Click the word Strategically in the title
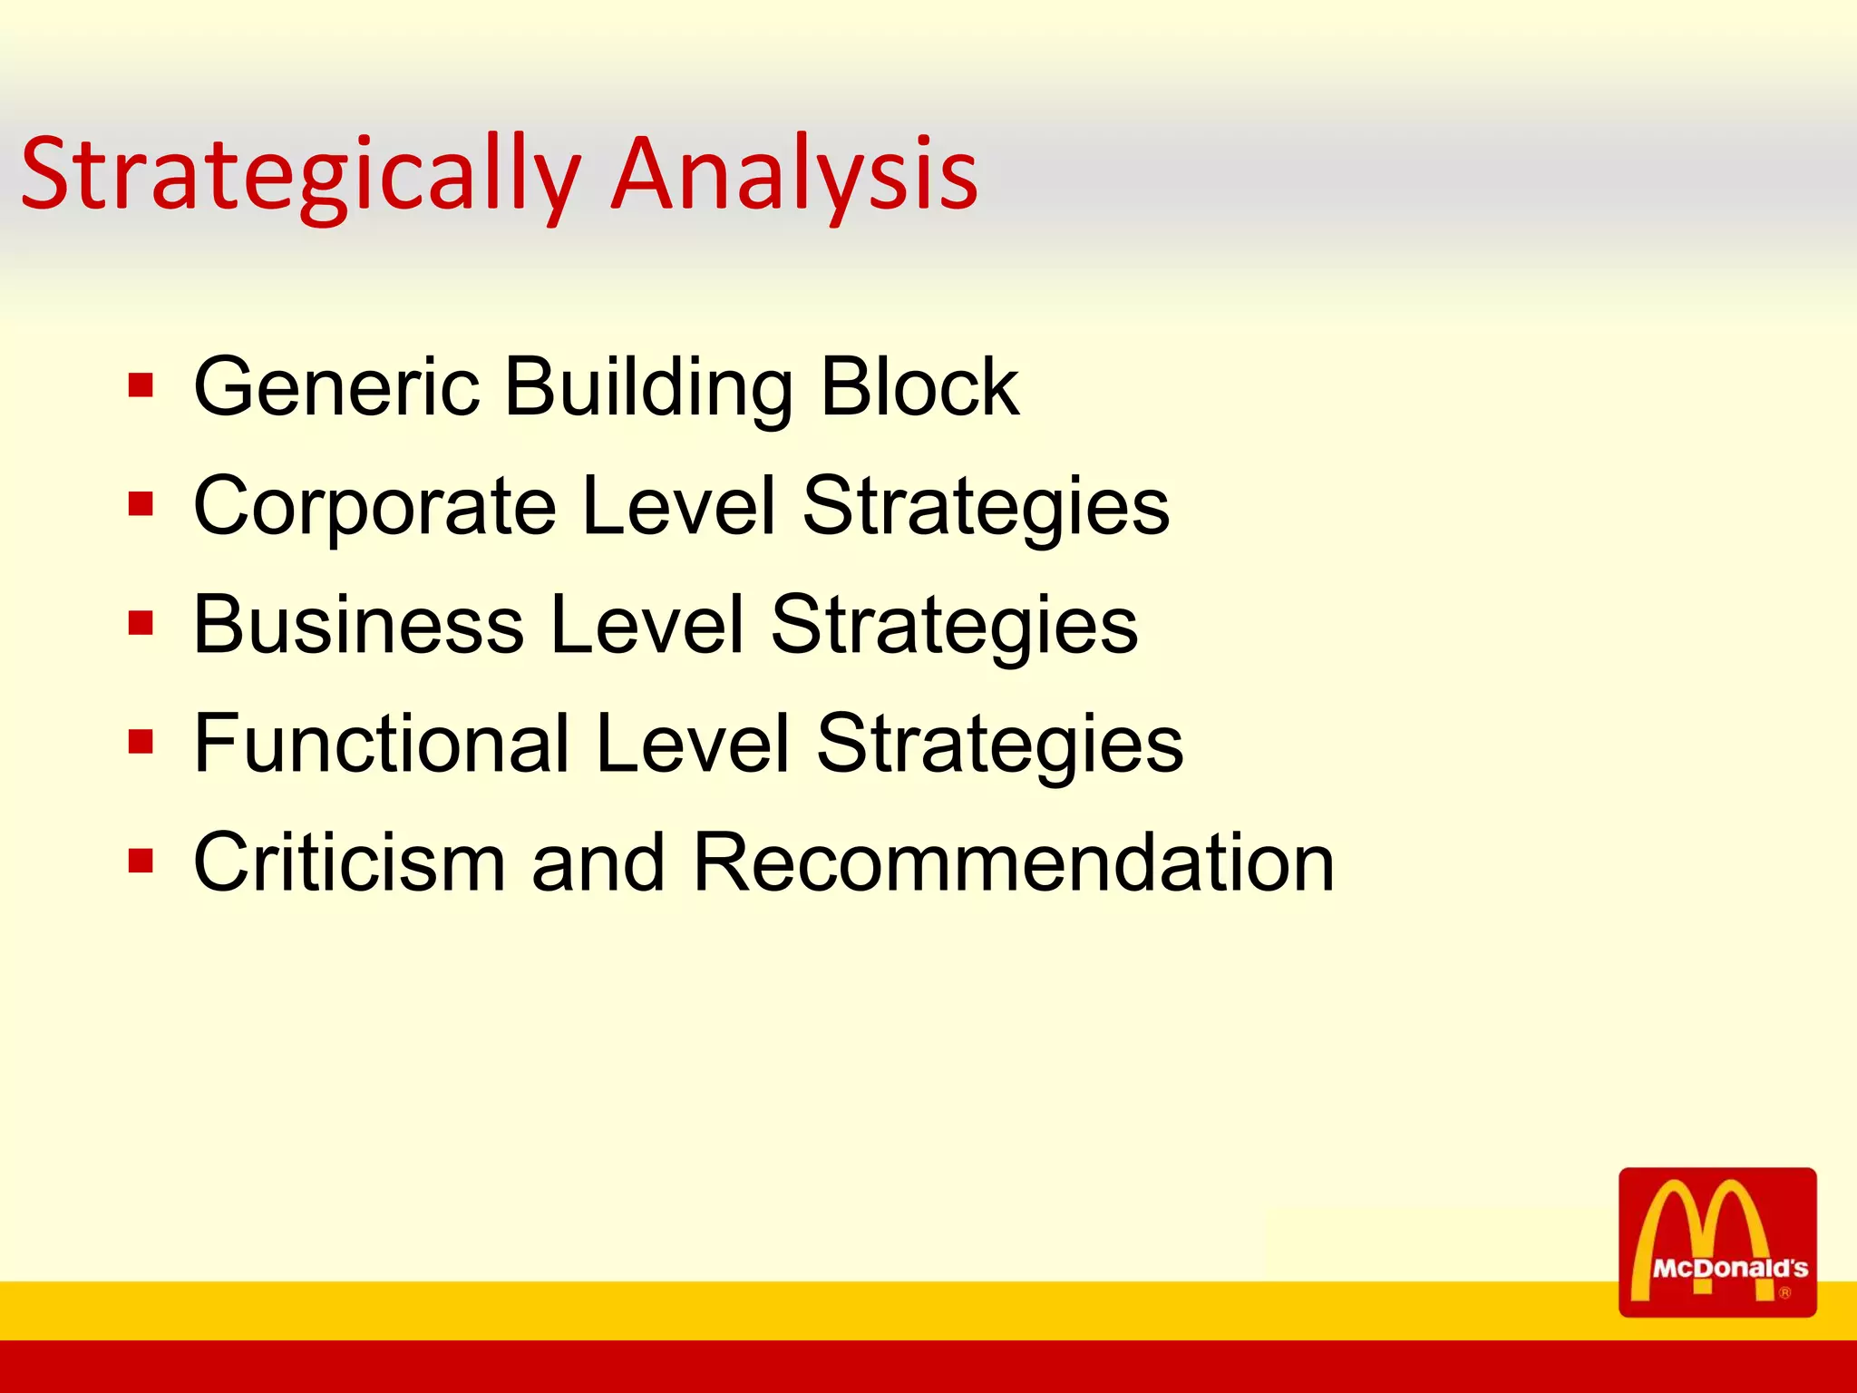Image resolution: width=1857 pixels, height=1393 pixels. (x=299, y=174)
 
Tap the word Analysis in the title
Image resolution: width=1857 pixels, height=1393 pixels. (x=795, y=174)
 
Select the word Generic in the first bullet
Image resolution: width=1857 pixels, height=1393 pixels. (x=336, y=387)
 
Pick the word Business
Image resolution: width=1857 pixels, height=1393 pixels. (x=359, y=624)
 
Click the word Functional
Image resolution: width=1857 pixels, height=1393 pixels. (x=382, y=744)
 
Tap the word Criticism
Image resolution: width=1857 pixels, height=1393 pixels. (x=349, y=862)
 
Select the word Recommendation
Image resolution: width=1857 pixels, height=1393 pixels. (x=1013, y=862)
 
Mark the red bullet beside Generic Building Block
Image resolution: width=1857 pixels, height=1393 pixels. (x=141, y=386)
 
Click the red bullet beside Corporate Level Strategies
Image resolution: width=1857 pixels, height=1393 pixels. (x=141, y=504)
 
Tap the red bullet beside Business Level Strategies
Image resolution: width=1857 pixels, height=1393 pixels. (x=141, y=624)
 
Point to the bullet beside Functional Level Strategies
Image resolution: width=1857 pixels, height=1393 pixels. (x=141, y=743)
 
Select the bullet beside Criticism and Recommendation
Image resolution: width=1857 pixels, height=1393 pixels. (x=141, y=861)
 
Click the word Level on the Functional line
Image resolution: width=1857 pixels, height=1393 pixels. (x=693, y=744)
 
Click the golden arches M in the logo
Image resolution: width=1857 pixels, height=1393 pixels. (x=1702, y=1224)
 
